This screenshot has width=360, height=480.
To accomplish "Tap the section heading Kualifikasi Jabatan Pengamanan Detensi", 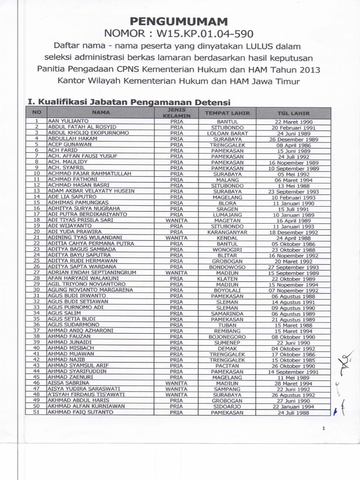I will pyautogui.click(x=129, y=102).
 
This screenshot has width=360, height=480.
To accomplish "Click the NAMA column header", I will pyautogui.click(x=101, y=113).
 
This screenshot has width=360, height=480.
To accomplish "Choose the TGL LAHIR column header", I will pyautogui.click(x=293, y=113).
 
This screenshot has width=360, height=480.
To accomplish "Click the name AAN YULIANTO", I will pyautogui.click(x=68, y=121).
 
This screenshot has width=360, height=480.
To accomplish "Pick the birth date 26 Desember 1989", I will pyautogui.click(x=293, y=139).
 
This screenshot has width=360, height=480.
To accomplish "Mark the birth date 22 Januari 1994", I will pyautogui.click(x=293, y=406).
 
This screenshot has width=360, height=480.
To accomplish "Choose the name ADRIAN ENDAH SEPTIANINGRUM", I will pyautogui.click(x=85, y=272).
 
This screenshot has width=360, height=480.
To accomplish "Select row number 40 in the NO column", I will pyautogui.click(x=36, y=348).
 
